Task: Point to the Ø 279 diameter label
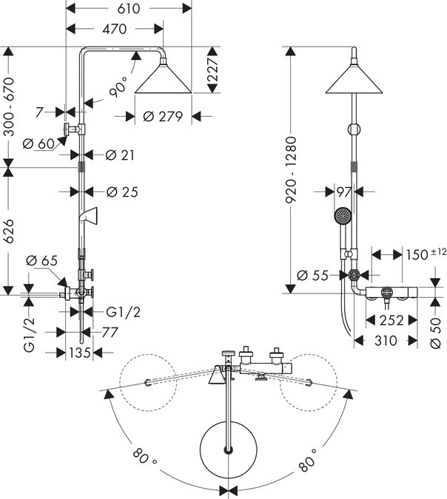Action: tap(161, 116)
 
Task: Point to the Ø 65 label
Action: tap(41, 261)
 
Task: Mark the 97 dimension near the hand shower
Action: tap(343, 191)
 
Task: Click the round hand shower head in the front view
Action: tap(342, 216)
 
